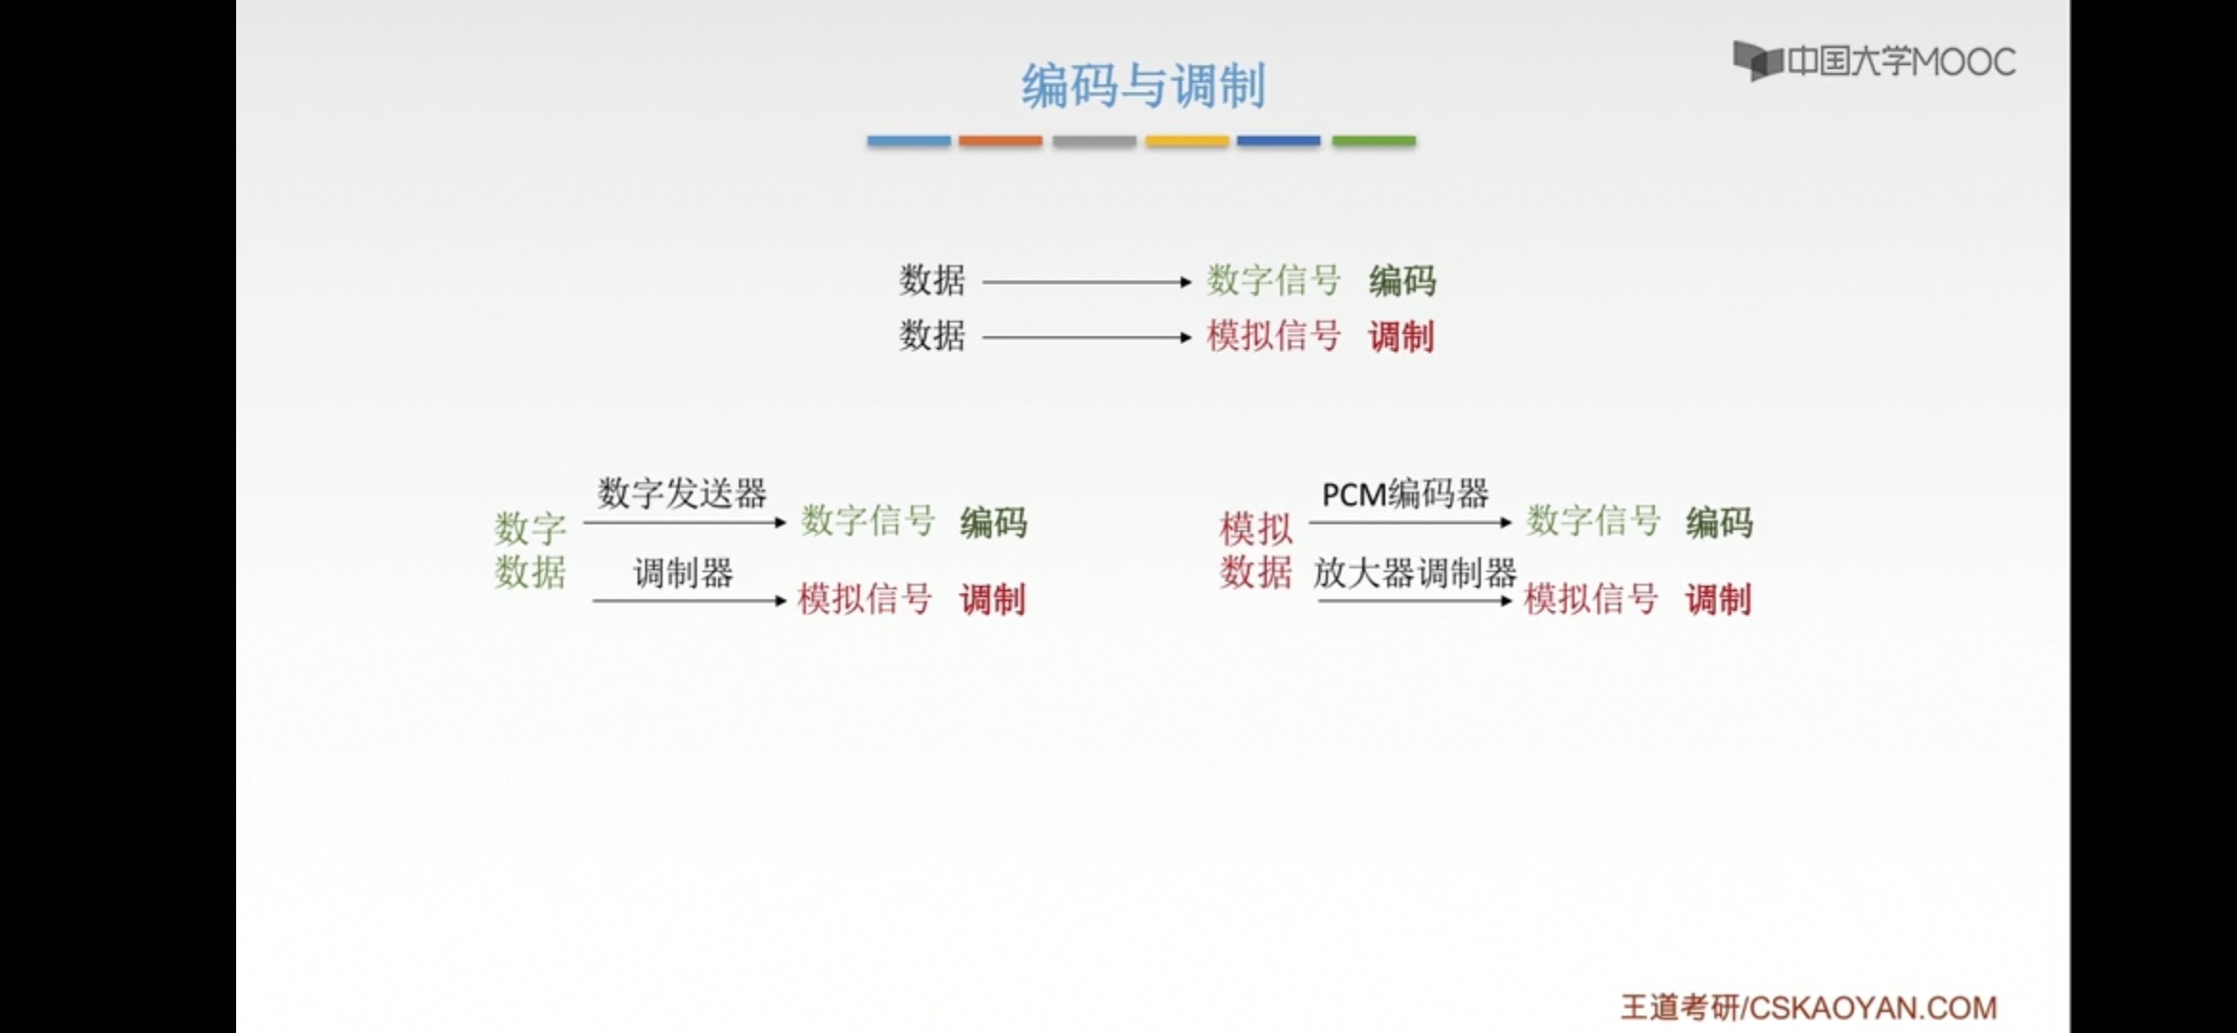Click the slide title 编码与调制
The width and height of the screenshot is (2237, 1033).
pos(1143,86)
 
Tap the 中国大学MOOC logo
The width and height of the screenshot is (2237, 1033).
pos(1874,62)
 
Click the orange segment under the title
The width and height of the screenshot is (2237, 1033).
pos(1000,141)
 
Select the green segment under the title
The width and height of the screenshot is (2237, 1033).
pos(1374,141)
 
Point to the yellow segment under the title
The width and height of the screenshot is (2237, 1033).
pos(1186,141)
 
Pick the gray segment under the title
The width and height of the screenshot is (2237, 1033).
pos(1094,141)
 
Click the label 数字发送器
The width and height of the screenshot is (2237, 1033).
pos(682,494)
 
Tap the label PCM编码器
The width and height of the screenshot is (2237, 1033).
pos(1405,494)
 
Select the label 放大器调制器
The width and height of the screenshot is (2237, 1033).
pos(1415,573)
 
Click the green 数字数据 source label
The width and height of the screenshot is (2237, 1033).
pos(531,550)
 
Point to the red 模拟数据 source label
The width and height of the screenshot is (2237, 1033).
pos(1255,550)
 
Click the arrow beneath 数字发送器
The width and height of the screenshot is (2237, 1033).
pos(684,522)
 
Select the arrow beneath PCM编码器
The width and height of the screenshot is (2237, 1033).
pos(1410,522)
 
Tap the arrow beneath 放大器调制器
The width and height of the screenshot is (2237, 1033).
pos(1415,601)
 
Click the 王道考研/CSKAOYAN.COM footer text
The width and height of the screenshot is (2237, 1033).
pos(1809,1007)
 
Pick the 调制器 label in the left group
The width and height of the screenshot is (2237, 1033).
pos(683,573)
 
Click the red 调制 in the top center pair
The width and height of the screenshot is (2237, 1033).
pos(1401,337)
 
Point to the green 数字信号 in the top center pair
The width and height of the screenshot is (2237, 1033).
pos(1273,280)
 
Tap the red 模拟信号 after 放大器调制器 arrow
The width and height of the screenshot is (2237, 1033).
pos(1591,600)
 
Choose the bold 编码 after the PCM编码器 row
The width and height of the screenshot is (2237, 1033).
pos(1719,522)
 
